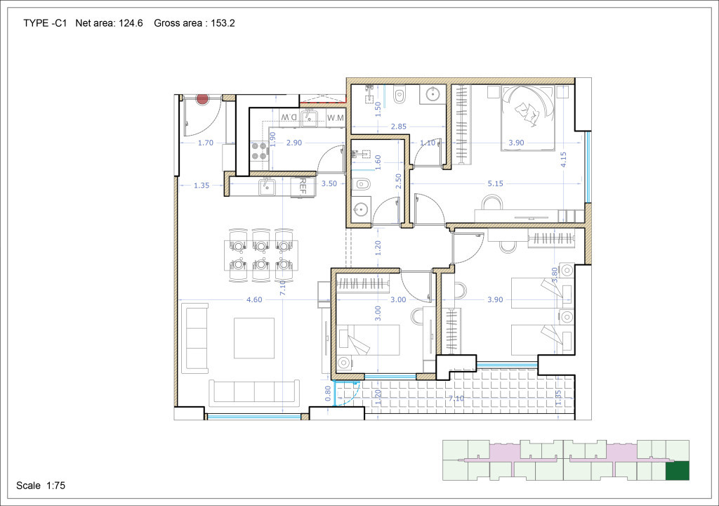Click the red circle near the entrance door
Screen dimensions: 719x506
(202, 98)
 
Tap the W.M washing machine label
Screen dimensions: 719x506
(336, 118)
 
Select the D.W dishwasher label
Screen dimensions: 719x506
(289, 117)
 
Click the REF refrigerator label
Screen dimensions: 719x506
(302, 187)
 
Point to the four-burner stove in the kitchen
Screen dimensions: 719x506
(260, 150)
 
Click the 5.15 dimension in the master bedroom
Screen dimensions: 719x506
(495, 183)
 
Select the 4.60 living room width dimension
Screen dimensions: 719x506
(254, 300)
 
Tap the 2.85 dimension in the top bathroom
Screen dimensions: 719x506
(398, 126)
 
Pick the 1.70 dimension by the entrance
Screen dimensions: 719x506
(206, 143)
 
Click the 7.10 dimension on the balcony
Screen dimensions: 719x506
(456, 398)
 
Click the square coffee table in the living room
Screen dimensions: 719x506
(254, 338)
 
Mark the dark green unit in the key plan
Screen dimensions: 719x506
(678, 471)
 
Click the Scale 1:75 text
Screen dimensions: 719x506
(41, 486)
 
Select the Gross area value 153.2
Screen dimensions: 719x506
(223, 23)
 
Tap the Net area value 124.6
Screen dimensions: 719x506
(131, 23)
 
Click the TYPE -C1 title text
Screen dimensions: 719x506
(45, 23)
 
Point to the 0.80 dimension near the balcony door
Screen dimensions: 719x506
(328, 394)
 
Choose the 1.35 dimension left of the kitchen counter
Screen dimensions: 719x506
(202, 186)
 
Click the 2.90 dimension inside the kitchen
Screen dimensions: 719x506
(294, 143)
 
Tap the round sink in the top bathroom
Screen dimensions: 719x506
(433, 94)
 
